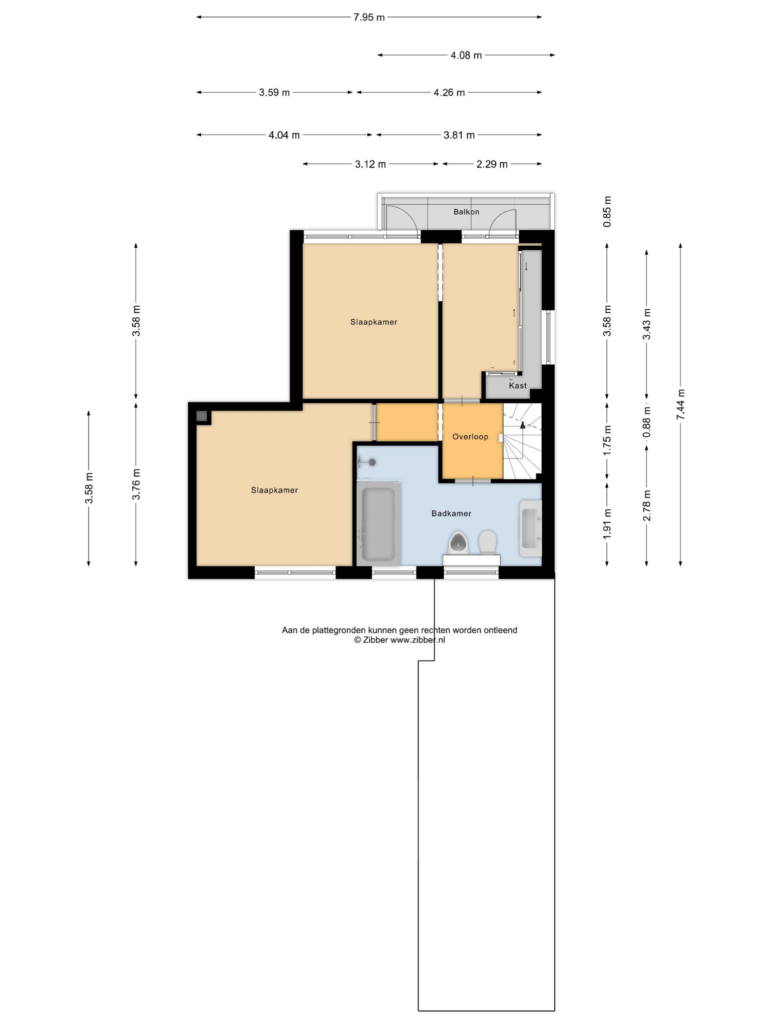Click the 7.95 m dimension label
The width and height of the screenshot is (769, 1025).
click(x=369, y=18)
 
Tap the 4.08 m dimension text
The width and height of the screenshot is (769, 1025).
click(x=466, y=56)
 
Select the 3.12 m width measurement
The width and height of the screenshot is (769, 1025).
click(x=370, y=164)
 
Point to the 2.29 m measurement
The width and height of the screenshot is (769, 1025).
click(x=492, y=164)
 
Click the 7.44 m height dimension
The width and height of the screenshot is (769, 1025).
click(x=680, y=404)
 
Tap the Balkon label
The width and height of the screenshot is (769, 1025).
click(x=466, y=212)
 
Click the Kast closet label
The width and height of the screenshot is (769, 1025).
click(x=518, y=385)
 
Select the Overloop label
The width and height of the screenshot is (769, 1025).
click(x=470, y=437)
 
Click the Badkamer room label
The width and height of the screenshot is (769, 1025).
click(x=451, y=514)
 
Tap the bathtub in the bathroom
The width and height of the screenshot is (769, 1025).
click(x=378, y=524)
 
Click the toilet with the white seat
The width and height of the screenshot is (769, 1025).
click(x=487, y=543)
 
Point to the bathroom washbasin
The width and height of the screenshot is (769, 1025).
click(x=531, y=529)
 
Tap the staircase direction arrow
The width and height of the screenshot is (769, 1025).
click(x=523, y=425)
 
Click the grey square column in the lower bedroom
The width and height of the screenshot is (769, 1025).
click(x=202, y=416)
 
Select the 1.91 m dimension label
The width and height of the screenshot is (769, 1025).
click(x=607, y=524)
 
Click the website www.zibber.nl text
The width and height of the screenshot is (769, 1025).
click(x=418, y=640)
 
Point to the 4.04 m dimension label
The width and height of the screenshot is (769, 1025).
click(x=284, y=135)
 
